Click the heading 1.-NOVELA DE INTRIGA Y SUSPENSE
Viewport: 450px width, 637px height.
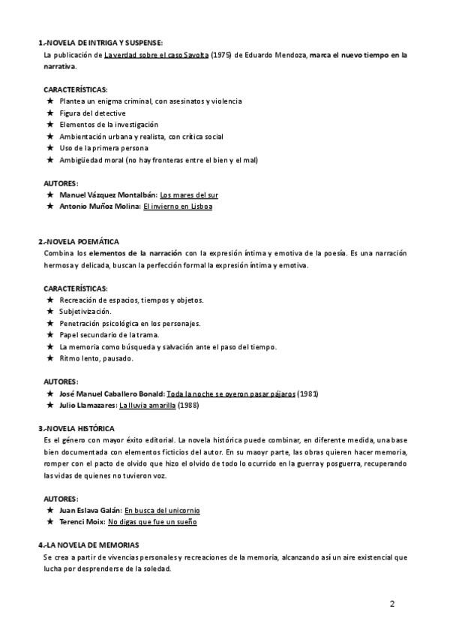coord(100,43)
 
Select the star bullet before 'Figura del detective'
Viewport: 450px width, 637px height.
coord(49,113)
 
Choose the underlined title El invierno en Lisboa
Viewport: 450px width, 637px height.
coord(177,207)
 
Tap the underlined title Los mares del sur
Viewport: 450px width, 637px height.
coord(189,195)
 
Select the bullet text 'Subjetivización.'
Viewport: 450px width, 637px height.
coord(85,311)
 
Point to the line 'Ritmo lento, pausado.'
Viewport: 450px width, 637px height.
coord(96,358)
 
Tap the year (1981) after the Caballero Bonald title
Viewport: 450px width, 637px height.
coord(308,393)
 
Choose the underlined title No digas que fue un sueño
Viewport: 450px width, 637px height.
coord(157,521)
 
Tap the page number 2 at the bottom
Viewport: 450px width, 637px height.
coord(392,604)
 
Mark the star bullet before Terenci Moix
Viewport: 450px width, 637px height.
coord(49,521)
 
